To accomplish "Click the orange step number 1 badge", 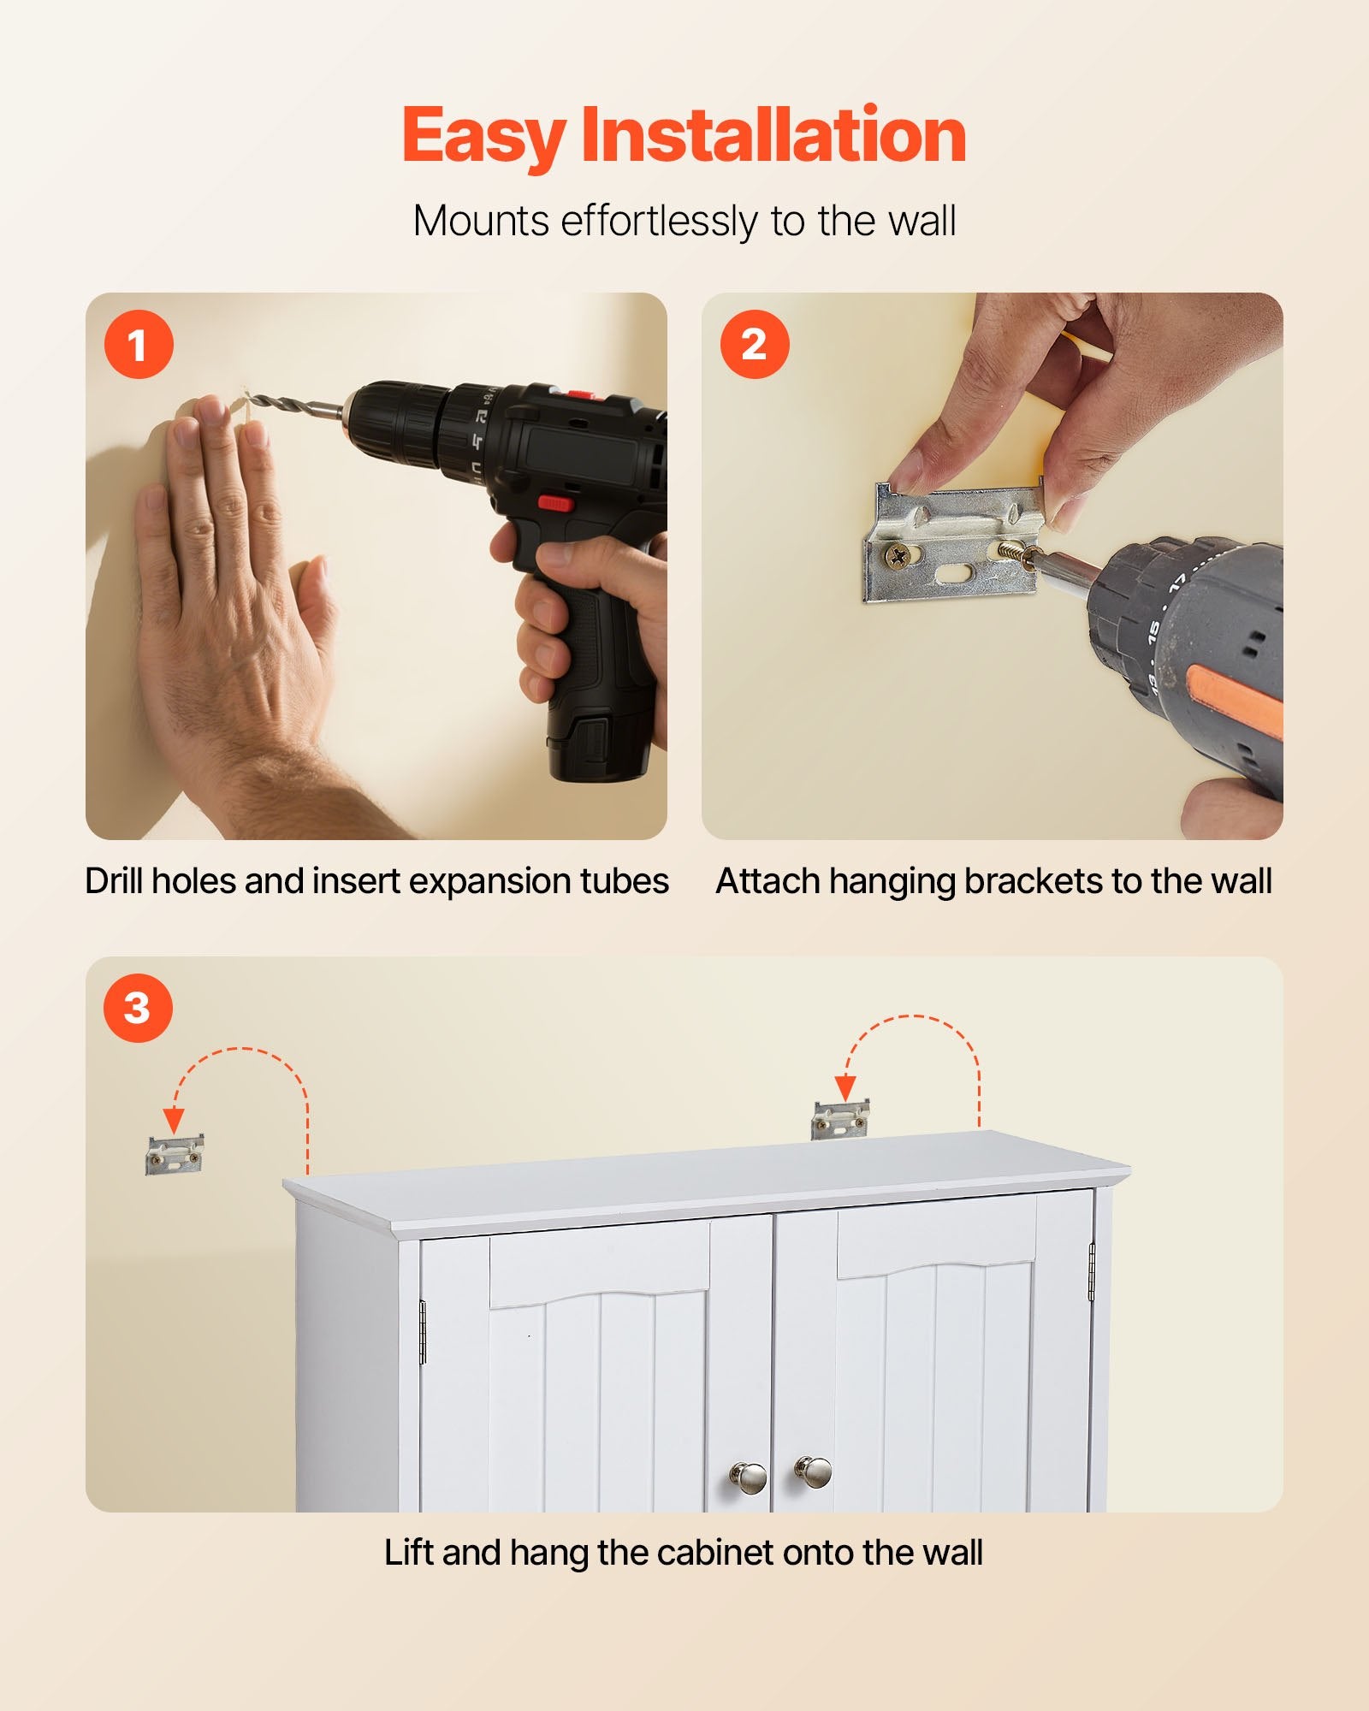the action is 139,345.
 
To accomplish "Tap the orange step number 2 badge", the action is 755,345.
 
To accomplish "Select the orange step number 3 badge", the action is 139,1008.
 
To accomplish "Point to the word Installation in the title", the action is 773,134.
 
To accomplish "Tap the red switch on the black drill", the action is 555,503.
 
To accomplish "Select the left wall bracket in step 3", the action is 175,1155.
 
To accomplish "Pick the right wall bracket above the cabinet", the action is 840,1119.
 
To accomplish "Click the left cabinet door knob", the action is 748,1475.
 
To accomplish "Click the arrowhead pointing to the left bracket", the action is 174,1120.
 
